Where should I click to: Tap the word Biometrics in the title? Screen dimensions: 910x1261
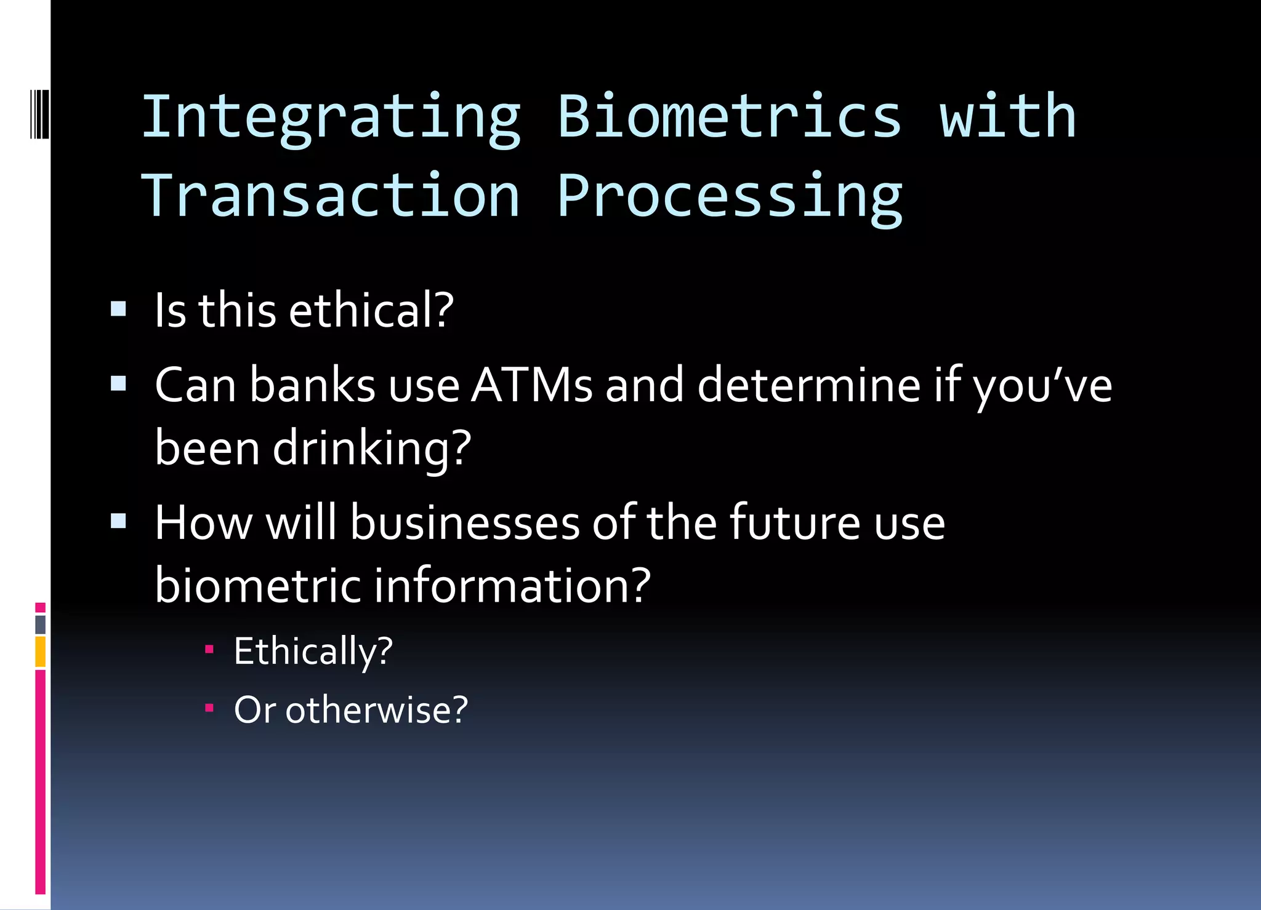click(x=729, y=117)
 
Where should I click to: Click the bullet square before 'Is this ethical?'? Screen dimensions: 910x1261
click(x=118, y=308)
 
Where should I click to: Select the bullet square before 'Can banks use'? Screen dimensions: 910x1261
click(x=118, y=384)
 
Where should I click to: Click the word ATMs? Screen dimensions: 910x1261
click(x=531, y=385)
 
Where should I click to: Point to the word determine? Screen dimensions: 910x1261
click(x=808, y=385)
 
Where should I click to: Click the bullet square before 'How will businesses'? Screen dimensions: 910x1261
click(x=118, y=522)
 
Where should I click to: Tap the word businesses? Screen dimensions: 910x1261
click(x=465, y=523)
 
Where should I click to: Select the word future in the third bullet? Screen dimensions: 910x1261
click(x=794, y=523)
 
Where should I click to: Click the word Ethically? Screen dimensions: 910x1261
click(x=313, y=651)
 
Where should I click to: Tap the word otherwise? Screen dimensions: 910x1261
click(x=376, y=710)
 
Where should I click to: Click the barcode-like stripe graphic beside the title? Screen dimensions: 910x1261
click(x=39, y=114)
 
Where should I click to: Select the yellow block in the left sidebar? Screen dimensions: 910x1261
click(x=40, y=652)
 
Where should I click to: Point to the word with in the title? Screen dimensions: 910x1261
click(x=1007, y=117)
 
